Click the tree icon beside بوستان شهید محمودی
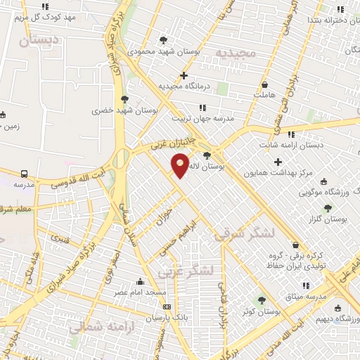[x=164, y=40]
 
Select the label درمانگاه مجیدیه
[x=184, y=86]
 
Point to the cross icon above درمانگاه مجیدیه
[x=184, y=75]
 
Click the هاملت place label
[x=264, y=94]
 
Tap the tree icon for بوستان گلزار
[x=328, y=208]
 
